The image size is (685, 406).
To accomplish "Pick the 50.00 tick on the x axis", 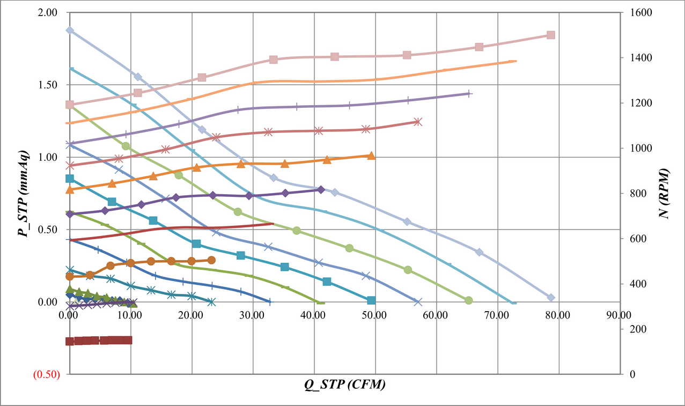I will click(375, 315).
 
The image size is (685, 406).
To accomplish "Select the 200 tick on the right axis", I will click(630, 329).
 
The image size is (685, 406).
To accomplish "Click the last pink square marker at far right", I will click(550, 35).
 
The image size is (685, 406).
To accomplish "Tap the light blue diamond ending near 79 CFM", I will click(551, 298).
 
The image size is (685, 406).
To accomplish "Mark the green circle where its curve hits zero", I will click(468, 300).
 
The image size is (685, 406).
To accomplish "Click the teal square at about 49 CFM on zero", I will click(371, 300).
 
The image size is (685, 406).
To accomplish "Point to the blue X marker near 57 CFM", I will click(418, 301).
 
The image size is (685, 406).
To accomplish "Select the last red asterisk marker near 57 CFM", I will click(418, 122).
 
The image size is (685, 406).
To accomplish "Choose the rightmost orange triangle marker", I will click(371, 156).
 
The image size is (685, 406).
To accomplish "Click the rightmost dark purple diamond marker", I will click(321, 189).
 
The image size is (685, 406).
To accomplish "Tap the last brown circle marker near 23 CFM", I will click(211, 260).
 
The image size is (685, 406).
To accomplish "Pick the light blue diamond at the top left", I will click(69, 31).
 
